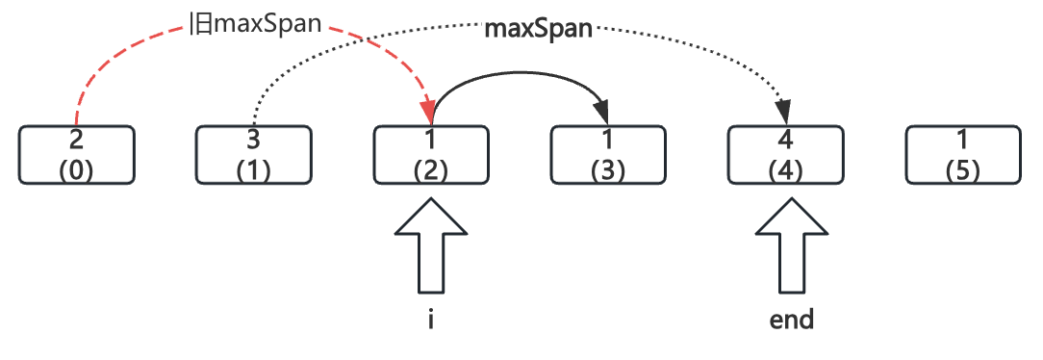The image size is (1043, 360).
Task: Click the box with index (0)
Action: coord(76,154)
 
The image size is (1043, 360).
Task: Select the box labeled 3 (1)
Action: coord(253,154)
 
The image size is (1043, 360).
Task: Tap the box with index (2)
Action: coord(430,154)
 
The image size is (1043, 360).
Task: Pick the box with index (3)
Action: coord(607,154)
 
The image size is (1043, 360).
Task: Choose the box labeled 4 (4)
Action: coord(784,154)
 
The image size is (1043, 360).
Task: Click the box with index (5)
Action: coord(962,154)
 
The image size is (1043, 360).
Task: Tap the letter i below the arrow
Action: coord(430,320)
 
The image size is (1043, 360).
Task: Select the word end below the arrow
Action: coord(791,320)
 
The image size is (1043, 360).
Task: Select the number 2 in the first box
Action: coord(76,141)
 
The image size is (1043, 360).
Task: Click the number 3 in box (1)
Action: coord(253,141)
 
